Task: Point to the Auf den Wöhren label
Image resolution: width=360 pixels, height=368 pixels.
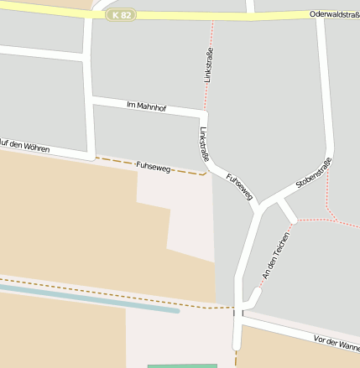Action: [25, 146]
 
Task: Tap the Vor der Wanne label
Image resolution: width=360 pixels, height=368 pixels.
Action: [337, 342]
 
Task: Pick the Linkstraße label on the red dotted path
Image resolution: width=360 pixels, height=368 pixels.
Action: [209, 65]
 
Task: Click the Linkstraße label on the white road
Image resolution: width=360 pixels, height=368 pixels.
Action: [204, 143]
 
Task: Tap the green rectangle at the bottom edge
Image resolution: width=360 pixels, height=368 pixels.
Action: [182, 365]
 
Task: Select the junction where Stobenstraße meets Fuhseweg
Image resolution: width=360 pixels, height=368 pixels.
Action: [261, 205]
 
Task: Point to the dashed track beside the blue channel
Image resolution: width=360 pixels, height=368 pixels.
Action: [84, 290]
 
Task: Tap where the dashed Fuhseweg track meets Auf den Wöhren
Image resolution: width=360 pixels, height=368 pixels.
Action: [94, 157]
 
